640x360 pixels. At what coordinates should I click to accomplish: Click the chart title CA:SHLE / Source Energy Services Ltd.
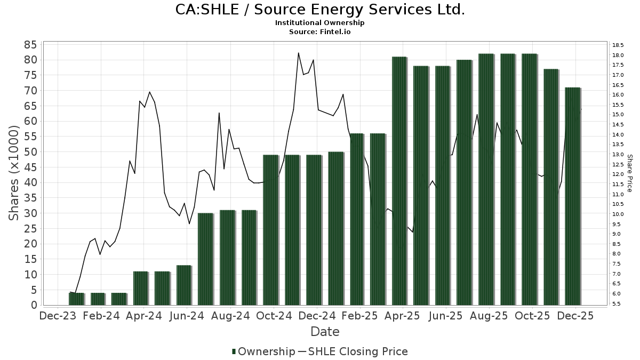point(320,10)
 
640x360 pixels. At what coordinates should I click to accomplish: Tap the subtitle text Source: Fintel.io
point(320,31)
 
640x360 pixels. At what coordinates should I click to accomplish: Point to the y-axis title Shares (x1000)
point(15,173)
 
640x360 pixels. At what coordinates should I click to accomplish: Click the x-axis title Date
point(325,332)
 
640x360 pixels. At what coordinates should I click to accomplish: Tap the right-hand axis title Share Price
point(629,173)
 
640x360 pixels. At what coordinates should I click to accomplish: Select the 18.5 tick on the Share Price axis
point(619,45)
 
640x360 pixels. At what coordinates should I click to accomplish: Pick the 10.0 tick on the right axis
point(619,214)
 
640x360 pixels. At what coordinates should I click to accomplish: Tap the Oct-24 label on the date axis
point(274,316)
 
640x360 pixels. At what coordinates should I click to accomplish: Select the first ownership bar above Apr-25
point(399,181)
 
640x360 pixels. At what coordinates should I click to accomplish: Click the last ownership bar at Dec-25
point(572,196)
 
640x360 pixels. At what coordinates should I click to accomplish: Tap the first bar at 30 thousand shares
point(205,259)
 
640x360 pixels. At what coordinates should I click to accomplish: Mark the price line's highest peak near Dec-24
point(298,53)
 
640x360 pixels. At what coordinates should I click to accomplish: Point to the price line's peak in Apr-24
point(149,92)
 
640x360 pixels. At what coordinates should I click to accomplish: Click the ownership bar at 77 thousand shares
point(551,187)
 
